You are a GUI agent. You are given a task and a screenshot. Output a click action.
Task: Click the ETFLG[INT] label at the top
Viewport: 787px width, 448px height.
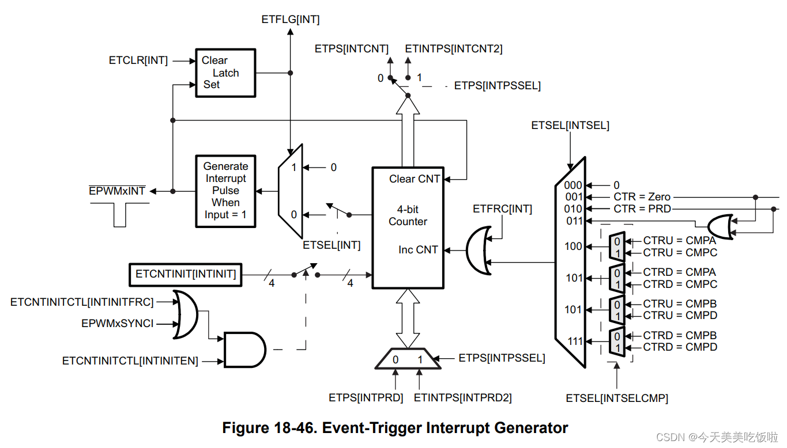point(290,20)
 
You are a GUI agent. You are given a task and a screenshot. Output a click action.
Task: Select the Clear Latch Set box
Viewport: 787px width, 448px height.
point(225,73)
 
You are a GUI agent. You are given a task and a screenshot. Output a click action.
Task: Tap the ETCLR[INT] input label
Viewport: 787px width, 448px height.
point(138,60)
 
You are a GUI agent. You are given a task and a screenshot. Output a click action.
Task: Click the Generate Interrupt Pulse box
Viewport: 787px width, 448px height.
point(225,191)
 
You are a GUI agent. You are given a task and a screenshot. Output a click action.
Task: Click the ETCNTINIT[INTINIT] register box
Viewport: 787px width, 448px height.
point(186,274)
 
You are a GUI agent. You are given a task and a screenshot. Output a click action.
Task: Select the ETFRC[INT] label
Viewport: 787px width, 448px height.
point(502,208)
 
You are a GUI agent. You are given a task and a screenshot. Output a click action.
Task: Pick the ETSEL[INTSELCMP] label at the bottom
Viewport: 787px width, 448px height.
point(617,398)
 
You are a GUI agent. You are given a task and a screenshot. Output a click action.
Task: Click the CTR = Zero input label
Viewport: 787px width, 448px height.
point(642,197)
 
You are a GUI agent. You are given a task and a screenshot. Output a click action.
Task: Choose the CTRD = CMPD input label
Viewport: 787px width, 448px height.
point(680,347)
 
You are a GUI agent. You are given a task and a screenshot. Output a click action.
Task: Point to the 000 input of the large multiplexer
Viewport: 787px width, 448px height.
point(574,185)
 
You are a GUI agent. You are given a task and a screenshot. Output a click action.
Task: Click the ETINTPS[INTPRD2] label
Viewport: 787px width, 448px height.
point(462,397)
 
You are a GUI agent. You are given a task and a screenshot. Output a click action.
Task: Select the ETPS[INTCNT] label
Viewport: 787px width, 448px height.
point(352,49)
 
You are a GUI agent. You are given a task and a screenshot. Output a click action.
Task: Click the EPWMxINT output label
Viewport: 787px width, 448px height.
point(117,191)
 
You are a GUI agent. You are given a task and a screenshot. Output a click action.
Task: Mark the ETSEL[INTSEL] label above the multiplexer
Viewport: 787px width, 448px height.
point(570,125)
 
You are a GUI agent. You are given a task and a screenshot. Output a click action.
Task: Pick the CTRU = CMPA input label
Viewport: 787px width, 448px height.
point(680,241)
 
